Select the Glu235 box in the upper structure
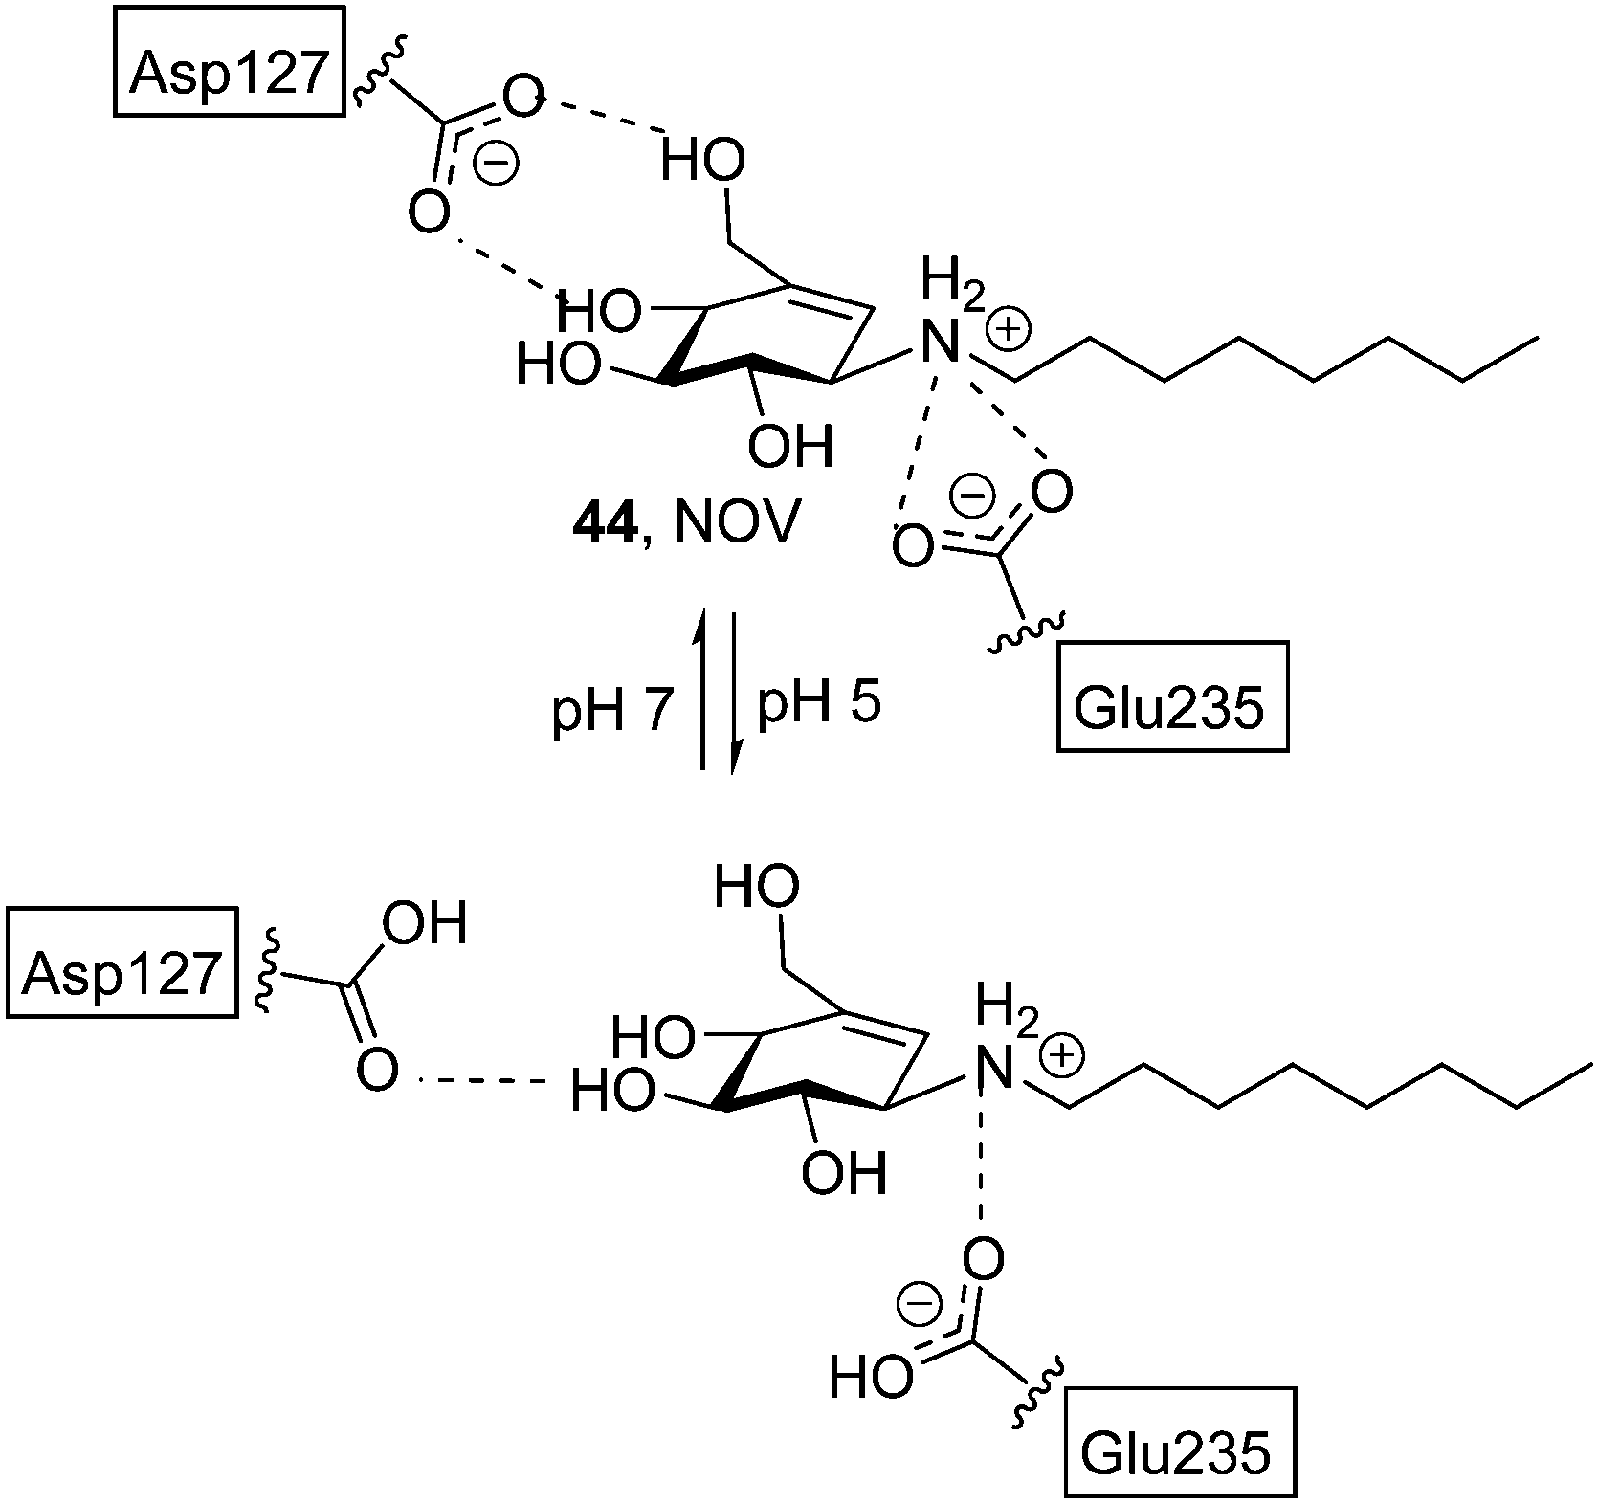point(1171,709)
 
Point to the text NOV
point(734,525)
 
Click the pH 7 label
point(613,711)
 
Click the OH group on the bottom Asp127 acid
point(424,924)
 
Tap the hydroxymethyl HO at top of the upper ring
point(701,164)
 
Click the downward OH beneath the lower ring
point(844,1173)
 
